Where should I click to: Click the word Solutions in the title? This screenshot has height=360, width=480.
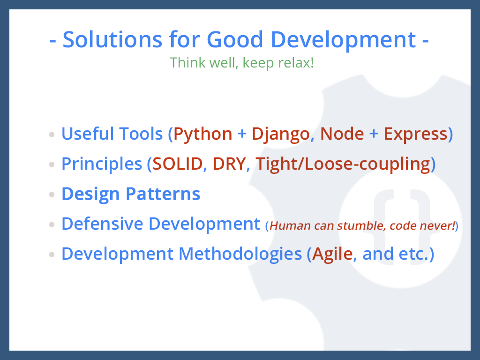click(112, 39)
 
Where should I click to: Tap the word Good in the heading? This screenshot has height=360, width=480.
click(235, 39)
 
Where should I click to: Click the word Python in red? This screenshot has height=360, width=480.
click(202, 135)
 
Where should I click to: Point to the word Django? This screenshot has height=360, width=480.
click(281, 135)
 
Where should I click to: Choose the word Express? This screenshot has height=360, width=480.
click(416, 134)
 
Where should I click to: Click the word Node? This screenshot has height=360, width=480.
click(342, 134)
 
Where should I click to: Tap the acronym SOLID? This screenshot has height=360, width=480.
click(178, 164)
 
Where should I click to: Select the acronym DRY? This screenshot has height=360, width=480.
click(230, 164)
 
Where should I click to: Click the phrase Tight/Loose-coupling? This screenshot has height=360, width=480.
click(343, 165)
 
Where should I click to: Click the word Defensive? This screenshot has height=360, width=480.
click(102, 224)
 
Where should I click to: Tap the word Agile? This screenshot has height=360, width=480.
click(332, 254)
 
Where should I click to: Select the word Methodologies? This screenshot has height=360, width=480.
click(240, 254)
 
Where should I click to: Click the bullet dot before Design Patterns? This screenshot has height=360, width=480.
click(52, 195)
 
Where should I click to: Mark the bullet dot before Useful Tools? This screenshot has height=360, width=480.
click(52, 135)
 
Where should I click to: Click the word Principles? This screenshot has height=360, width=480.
click(102, 165)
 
